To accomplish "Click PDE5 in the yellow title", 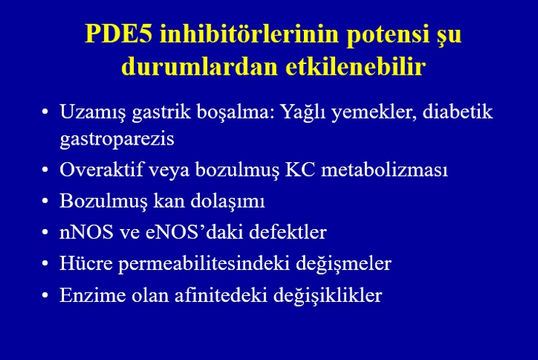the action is [119, 33].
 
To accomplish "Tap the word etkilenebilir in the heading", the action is [356, 66].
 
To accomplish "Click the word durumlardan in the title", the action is [199, 66].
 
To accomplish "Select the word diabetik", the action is [458, 111].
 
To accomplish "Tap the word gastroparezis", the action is [117, 140].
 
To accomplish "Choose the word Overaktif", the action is [101, 169].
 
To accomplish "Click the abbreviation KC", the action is [300, 169].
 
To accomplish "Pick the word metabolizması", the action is [385, 169].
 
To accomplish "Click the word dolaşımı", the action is [228, 201].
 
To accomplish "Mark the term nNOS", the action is [87, 232].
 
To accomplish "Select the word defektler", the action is [288, 232].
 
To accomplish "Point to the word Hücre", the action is [86, 263].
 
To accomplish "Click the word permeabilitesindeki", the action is [204, 264].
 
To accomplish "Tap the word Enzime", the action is [92, 295].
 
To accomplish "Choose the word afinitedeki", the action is [221, 295].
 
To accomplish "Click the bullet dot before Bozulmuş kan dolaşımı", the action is [45, 201].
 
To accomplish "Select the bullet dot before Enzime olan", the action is [45, 295].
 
